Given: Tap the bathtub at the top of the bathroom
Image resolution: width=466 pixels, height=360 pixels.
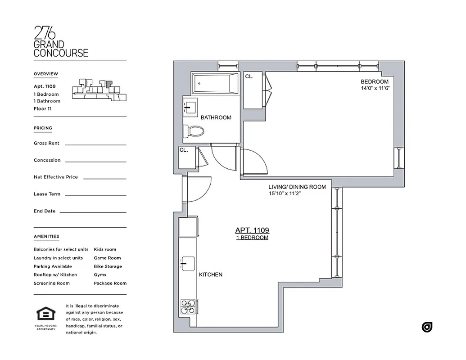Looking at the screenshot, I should point(214,84).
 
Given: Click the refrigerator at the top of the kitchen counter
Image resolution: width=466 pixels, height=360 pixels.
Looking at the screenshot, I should point(188,227).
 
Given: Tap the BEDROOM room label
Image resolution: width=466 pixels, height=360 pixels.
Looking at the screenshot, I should point(374,81).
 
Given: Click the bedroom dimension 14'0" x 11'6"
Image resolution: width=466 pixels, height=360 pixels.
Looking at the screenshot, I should point(374,89).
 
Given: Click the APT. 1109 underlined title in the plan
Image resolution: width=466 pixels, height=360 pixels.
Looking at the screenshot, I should point(252,230).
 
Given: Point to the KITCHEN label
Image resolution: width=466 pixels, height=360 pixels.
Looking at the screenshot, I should point(210,274).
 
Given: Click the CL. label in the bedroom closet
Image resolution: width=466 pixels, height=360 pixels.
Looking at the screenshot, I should point(249,77).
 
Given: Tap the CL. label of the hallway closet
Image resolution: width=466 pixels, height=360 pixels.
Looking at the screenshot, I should point(184,150).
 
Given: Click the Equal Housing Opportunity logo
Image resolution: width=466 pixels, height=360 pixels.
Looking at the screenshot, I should point(45,317).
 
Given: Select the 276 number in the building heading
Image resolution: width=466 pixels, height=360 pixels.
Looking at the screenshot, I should point(45,33).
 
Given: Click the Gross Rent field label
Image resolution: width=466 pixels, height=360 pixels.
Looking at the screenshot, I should point(46,143).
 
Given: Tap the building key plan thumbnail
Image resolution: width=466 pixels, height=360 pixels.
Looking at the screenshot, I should point(99,89).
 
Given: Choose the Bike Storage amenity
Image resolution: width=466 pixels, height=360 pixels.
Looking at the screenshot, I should point(108,266).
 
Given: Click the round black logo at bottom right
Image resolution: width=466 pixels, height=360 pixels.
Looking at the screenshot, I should point(427,327).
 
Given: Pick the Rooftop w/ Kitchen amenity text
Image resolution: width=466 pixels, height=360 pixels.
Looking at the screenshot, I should point(55,274).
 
